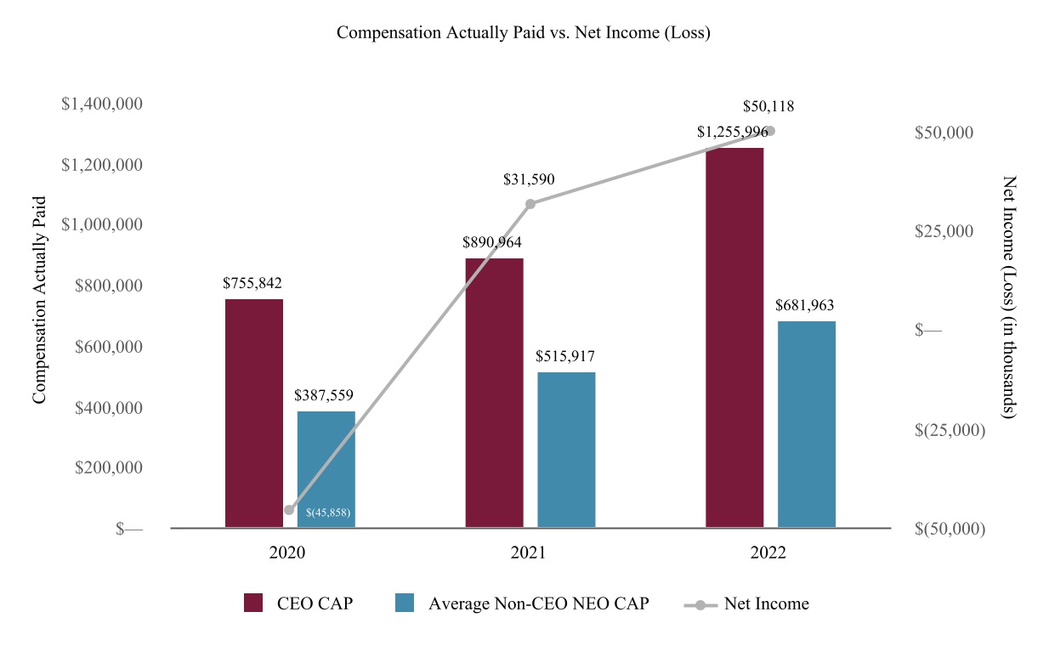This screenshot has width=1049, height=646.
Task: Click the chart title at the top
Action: (x=524, y=33)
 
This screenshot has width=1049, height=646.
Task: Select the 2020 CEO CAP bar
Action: (x=254, y=413)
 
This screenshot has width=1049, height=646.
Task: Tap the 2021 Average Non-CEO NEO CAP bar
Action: (x=566, y=450)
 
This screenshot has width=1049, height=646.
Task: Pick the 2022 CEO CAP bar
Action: (x=734, y=337)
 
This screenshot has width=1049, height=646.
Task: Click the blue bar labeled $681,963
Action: (x=807, y=424)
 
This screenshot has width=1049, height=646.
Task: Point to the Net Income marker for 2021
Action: (x=530, y=204)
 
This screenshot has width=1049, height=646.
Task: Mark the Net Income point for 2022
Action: (x=770, y=131)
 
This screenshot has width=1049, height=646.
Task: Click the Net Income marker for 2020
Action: (x=289, y=510)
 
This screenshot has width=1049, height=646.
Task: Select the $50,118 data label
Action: (x=768, y=107)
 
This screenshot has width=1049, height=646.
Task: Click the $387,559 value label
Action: (x=324, y=395)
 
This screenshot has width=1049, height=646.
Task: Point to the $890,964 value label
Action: (x=491, y=242)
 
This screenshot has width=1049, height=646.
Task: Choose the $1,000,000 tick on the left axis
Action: (x=102, y=224)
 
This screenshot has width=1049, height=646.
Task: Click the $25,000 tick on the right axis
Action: (x=944, y=231)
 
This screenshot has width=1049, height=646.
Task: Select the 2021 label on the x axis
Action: (x=528, y=552)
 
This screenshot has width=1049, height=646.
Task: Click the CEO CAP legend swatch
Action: (x=253, y=603)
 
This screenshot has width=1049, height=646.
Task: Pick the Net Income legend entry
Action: (x=746, y=603)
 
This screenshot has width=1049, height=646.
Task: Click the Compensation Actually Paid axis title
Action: (x=39, y=299)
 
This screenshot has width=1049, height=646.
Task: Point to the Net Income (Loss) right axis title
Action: (x=1009, y=297)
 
